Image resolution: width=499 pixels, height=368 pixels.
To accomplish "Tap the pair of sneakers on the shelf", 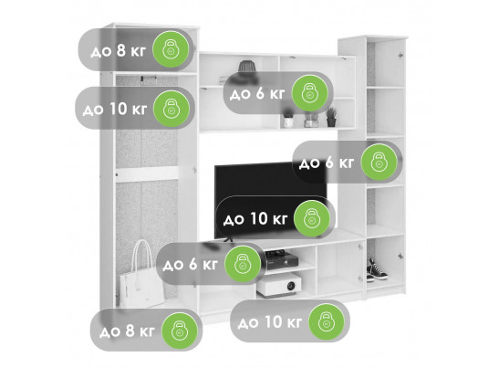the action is click(x=377, y=270).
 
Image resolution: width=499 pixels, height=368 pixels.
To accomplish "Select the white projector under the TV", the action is click(x=279, y=285).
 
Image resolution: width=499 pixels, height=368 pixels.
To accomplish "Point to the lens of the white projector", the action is click(x=291, y=286).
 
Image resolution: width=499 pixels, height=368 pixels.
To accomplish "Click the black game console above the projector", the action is click(x=281, y=258).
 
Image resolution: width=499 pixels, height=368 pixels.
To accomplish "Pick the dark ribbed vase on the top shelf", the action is click(x=247, y=67).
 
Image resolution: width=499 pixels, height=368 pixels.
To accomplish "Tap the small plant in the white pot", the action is click(x=288, y=119).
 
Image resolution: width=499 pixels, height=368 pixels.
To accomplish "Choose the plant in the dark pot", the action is click(x=331, y=117).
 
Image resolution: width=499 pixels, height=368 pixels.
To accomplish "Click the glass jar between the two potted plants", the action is click(x=309, y=121).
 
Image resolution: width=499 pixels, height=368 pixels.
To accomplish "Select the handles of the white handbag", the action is click(x=141, y=255).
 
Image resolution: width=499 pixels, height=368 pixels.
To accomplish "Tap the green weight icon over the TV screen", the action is click(x=312, y=218).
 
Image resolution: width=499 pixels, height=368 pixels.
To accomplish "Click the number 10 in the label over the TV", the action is click(x=259, y=218).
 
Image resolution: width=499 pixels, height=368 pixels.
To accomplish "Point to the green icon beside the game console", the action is click(x=243, y=264).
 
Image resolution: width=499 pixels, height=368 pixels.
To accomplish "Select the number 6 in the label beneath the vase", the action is click(x=260, y=94).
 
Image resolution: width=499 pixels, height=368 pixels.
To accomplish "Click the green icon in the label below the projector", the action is click(x=327, y=321).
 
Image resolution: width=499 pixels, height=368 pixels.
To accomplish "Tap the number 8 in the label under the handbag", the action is click(x=130, y=331).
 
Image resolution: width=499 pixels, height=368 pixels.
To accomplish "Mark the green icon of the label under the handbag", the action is click(x=180, y=331).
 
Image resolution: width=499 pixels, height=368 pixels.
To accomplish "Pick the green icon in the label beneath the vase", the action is click(x=310, y=93).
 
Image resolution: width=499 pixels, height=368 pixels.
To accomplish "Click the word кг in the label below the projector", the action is click(x=294, y=322).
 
